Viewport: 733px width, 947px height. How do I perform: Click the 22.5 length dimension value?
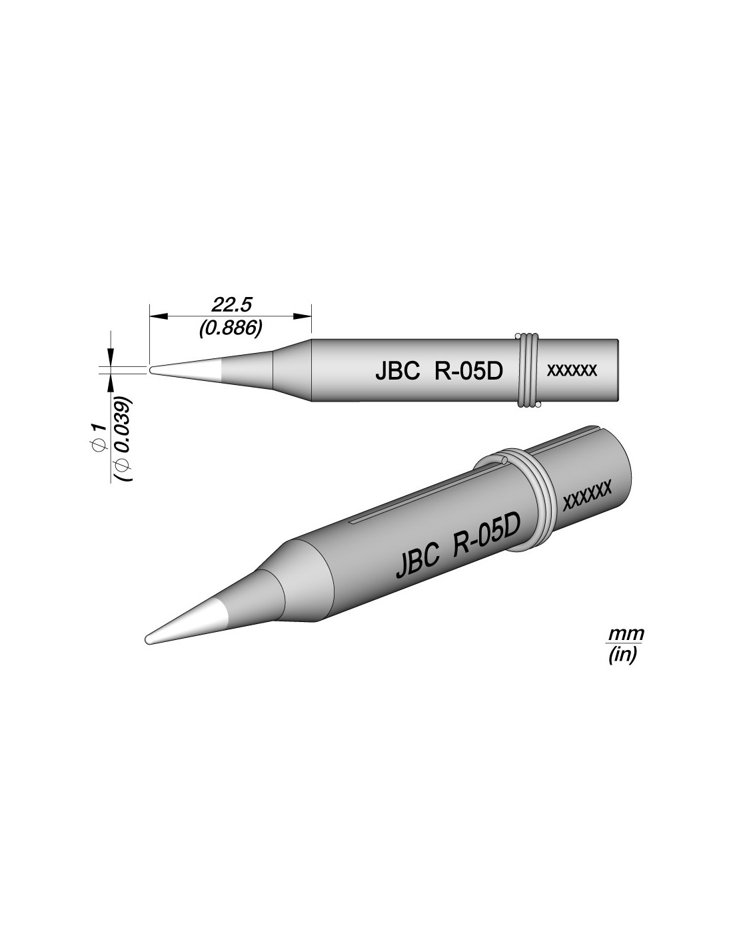[231, 305]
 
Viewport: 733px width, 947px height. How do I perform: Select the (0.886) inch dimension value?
[231, 328]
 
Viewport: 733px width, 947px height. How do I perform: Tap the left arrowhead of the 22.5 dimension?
[159, 316]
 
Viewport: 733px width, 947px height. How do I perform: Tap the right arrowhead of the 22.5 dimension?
[303, 316]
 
